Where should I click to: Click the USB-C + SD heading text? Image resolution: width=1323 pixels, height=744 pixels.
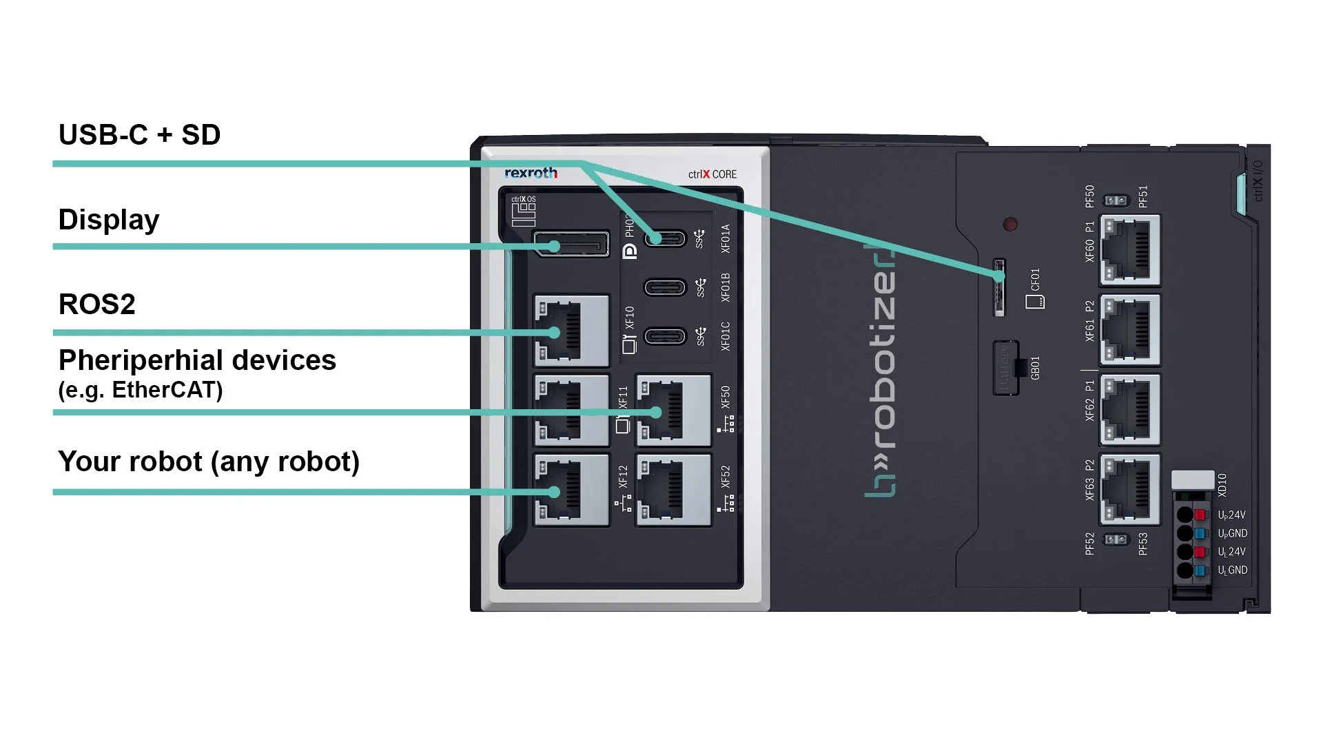pyautogui.click(x=139, y=135)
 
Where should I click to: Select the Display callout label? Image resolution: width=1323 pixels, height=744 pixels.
pyautogui.click(x=109, y=220)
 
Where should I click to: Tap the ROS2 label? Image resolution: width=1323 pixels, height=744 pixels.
pyautogui.click(x=96, y=304)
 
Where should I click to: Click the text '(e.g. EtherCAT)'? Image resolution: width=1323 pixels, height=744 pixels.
pyautogui.click(x=141, y=390)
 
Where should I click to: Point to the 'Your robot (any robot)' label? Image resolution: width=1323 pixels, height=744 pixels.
pyautogui.click(x=209, y=462)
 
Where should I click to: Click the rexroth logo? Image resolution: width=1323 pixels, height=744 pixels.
pyautogui.click(x=531, y=173)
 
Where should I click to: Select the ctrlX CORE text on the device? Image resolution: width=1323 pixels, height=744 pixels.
pyautogui.click(x=712, y=174)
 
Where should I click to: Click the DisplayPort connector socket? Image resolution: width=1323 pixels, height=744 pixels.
pyautogui.click(x=571, y=245)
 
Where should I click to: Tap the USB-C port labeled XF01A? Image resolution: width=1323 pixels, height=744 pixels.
pyautogui.click(x=665, y=238)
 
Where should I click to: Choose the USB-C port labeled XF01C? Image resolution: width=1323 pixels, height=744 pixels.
pyautogui.click(x=665, y=336)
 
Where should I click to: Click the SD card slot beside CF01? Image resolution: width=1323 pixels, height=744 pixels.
pyautogui.click(x=999, y=287)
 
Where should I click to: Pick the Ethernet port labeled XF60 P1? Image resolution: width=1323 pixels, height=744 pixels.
pyautogui.click(x=1130, y=250)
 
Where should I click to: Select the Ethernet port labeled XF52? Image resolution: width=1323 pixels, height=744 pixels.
pyautogui.click(x=673, y=490)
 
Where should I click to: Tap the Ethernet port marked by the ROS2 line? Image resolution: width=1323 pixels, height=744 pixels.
pyautogui.click(x=571, y=331)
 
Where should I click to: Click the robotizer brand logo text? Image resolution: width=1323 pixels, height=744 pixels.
pyautogui.click(x=881, y=372)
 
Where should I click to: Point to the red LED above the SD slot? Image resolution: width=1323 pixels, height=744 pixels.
pyautogui.click(x=1010, y=225)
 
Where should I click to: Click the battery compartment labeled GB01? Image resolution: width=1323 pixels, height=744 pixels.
pyautogui.click(x=1007, y=367)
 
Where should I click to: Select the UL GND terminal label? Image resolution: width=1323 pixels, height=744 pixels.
pyautogui.click(x=1232, y=570)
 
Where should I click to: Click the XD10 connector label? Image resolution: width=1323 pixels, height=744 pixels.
pyautogui.click(x=1222, y=485)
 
